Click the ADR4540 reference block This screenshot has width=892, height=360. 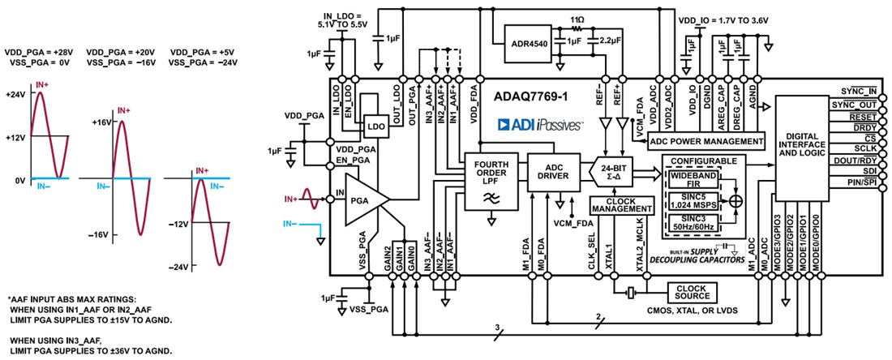(x=528, y=37)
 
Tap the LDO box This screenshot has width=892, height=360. (x=376, y=127)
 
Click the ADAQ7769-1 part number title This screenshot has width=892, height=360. (x=531, y=96)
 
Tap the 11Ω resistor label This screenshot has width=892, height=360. (x=577, y=18)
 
